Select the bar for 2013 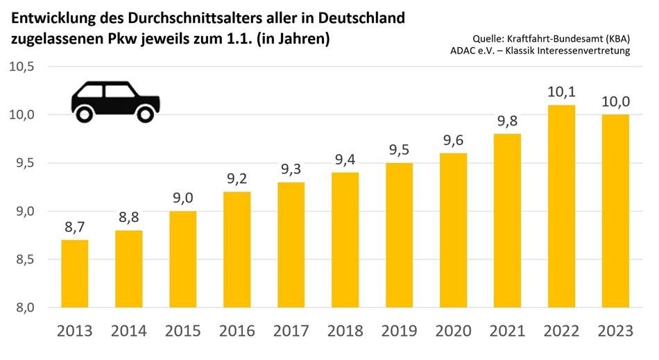pyautogui.click(x=76, y=273)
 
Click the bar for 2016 pyautogui.click(x=238, y=250)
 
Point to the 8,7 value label pyautogui.click(x=76, y=226)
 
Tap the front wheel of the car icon pyautogui.click(x=145, y=112)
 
